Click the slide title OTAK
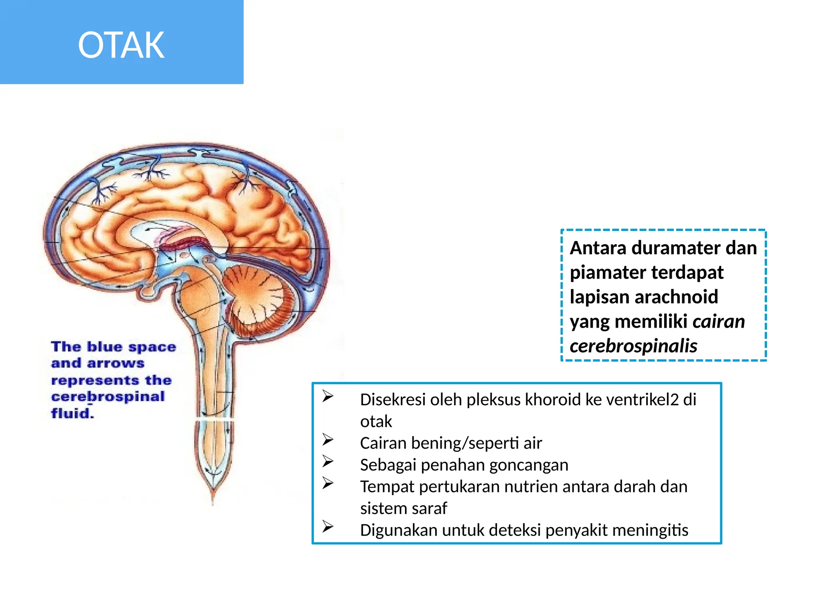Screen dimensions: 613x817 pos(121,45)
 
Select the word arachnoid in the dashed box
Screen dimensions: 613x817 pos(676,297)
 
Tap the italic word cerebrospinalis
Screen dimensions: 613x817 pos(633,346)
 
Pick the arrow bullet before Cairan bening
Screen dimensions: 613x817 pos(328,440)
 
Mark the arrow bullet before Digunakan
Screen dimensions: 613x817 pos(328,527)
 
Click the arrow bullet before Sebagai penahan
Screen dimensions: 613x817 pos(328,462)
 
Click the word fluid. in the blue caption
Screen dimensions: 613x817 pos(73,413)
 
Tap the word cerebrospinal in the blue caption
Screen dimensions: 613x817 pos(108,397)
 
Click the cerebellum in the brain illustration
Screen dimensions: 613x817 pos(255,297)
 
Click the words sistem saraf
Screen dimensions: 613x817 pos(403,508)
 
